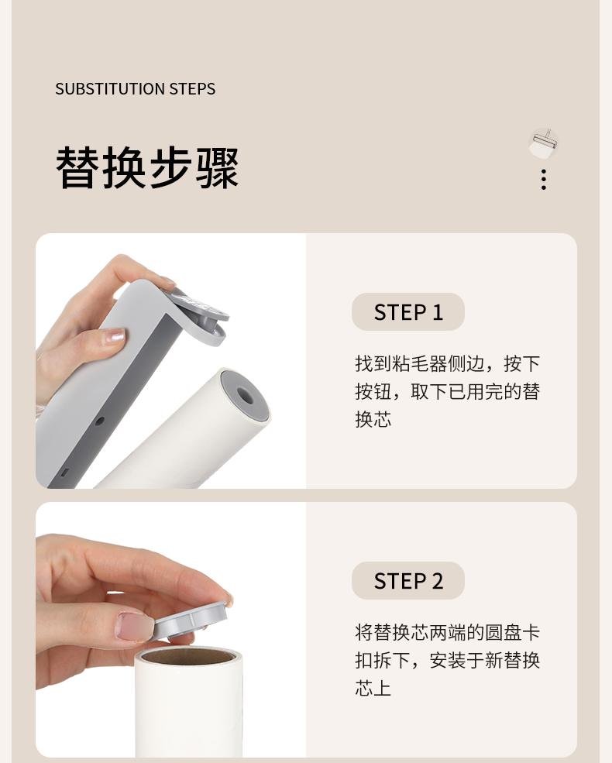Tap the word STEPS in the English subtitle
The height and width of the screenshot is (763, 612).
tap(192, 88)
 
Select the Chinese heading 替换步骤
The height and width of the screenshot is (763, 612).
tap(147, 167)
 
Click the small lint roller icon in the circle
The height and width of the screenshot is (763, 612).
tap(543, 143)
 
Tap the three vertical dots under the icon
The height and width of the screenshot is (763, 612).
tap(543, 180)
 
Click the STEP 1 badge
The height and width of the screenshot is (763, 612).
tap(407, 312)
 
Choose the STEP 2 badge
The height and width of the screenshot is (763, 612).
tap(407, 580)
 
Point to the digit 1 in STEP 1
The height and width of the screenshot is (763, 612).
tap(438, 312)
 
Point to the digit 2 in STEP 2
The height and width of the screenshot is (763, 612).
tap(437, 581)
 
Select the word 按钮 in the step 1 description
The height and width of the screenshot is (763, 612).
tap(373, 391)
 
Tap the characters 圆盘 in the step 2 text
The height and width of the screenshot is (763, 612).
tap(503, 633)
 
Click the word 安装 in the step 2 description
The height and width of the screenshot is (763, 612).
tap(447, 660)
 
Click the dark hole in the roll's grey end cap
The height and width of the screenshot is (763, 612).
tap(245, 395)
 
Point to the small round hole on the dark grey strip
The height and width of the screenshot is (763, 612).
tap(99, 421)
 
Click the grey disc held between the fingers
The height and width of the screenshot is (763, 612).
tap(191, 620)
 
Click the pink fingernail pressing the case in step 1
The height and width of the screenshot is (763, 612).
tap(112, 336)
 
